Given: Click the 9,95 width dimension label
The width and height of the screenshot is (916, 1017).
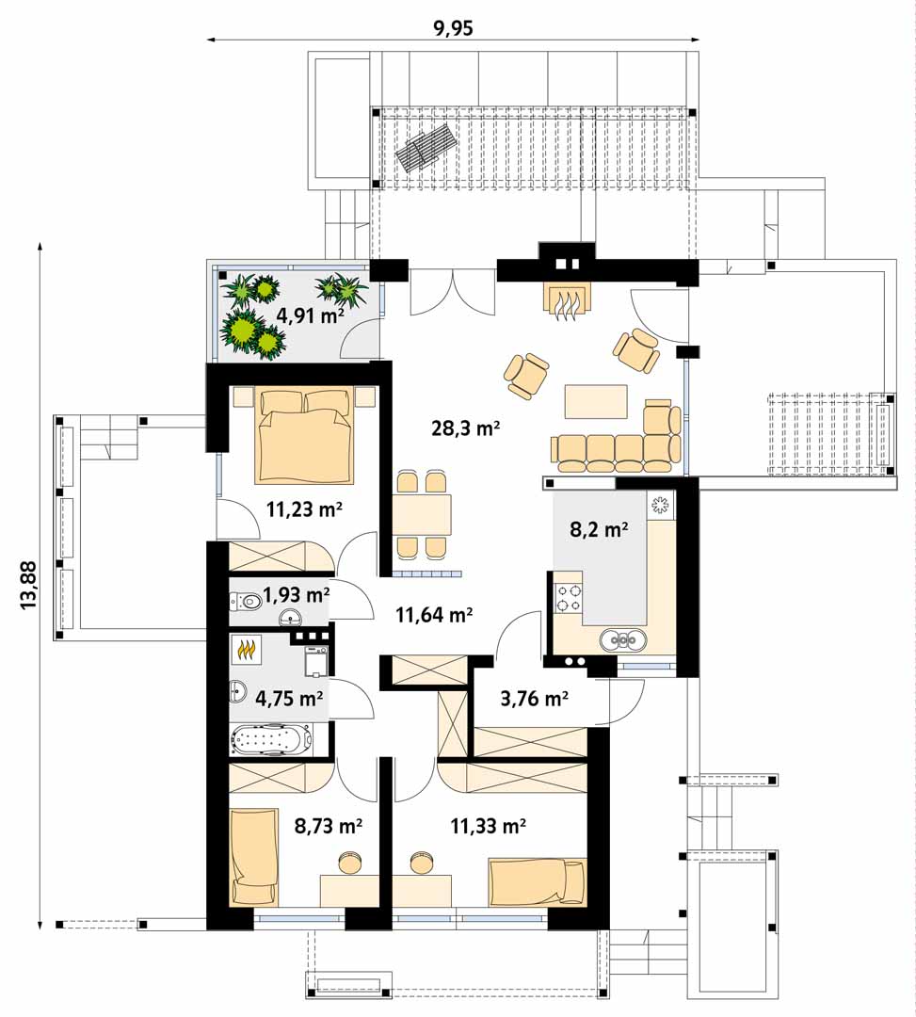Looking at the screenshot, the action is tap(453, 29).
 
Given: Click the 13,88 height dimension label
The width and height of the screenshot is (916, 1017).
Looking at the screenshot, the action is tap(28, 585).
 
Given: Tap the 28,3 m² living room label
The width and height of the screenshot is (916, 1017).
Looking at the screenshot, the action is tap(466, 428).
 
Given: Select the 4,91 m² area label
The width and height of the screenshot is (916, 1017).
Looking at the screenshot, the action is tap(311, 315).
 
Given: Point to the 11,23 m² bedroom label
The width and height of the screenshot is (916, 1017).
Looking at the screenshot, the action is tap(304, 509).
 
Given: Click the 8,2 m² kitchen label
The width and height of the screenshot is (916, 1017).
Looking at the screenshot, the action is tap(599, 529).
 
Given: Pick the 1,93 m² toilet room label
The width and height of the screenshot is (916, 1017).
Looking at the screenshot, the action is tap(297, 594).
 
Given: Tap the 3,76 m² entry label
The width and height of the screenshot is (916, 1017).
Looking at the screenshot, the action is tap(535, 699).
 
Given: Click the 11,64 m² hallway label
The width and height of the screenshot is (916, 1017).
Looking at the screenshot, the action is tap(434, 614).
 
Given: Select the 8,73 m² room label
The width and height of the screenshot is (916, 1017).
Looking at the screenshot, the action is tap(328, 826).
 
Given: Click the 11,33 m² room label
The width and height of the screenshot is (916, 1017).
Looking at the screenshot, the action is tap(489, 826).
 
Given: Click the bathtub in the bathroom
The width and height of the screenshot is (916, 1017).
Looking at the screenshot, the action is tap(272, 739).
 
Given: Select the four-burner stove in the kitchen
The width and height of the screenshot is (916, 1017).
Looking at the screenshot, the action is tap(569, 598).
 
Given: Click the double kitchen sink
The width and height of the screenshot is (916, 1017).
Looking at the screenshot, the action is tap(623, 640).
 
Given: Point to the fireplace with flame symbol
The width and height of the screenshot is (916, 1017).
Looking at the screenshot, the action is tap(568, 300).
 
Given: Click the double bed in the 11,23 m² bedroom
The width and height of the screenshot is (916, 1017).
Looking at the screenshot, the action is tap(305, 435).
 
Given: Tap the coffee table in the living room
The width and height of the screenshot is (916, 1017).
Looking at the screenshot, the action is tap(596, 401).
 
